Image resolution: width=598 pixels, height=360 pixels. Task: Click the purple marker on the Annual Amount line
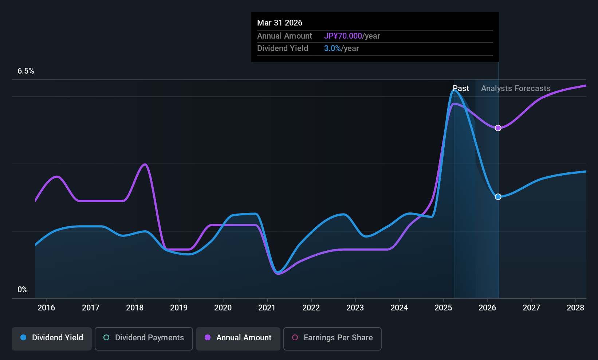click(x=498, y=128)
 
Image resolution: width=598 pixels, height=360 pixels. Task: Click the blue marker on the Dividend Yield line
click(x=498, y=197)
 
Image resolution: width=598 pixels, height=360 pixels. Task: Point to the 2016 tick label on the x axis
click(x=46, y=308)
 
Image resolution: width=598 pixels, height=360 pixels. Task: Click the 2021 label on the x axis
click(x=267, y=308)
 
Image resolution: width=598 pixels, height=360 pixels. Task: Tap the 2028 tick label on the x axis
click(x=575, y=308)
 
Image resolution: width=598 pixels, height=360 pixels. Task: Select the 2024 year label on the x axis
click(x=399, y=308)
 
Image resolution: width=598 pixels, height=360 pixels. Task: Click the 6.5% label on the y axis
click(x=26, y=71)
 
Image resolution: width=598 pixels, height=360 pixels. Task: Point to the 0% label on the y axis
click(x=23, y=290)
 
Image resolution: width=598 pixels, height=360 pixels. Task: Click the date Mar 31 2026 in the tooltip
click(x=280, y=23)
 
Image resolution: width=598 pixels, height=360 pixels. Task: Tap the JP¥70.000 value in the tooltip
click(x=343, y=36)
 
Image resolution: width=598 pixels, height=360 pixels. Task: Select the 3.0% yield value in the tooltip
click(x=332, y=48)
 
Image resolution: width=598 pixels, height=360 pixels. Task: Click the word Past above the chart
click(x=461, y=89)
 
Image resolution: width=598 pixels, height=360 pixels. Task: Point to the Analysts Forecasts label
click(x=516, y=89)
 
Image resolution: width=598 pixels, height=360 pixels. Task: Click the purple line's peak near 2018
click(x=145, y=164)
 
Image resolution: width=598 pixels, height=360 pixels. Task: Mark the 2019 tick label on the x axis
click(x=179, y=308)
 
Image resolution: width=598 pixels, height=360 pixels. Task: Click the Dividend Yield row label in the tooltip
click(x=283, y=48)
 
